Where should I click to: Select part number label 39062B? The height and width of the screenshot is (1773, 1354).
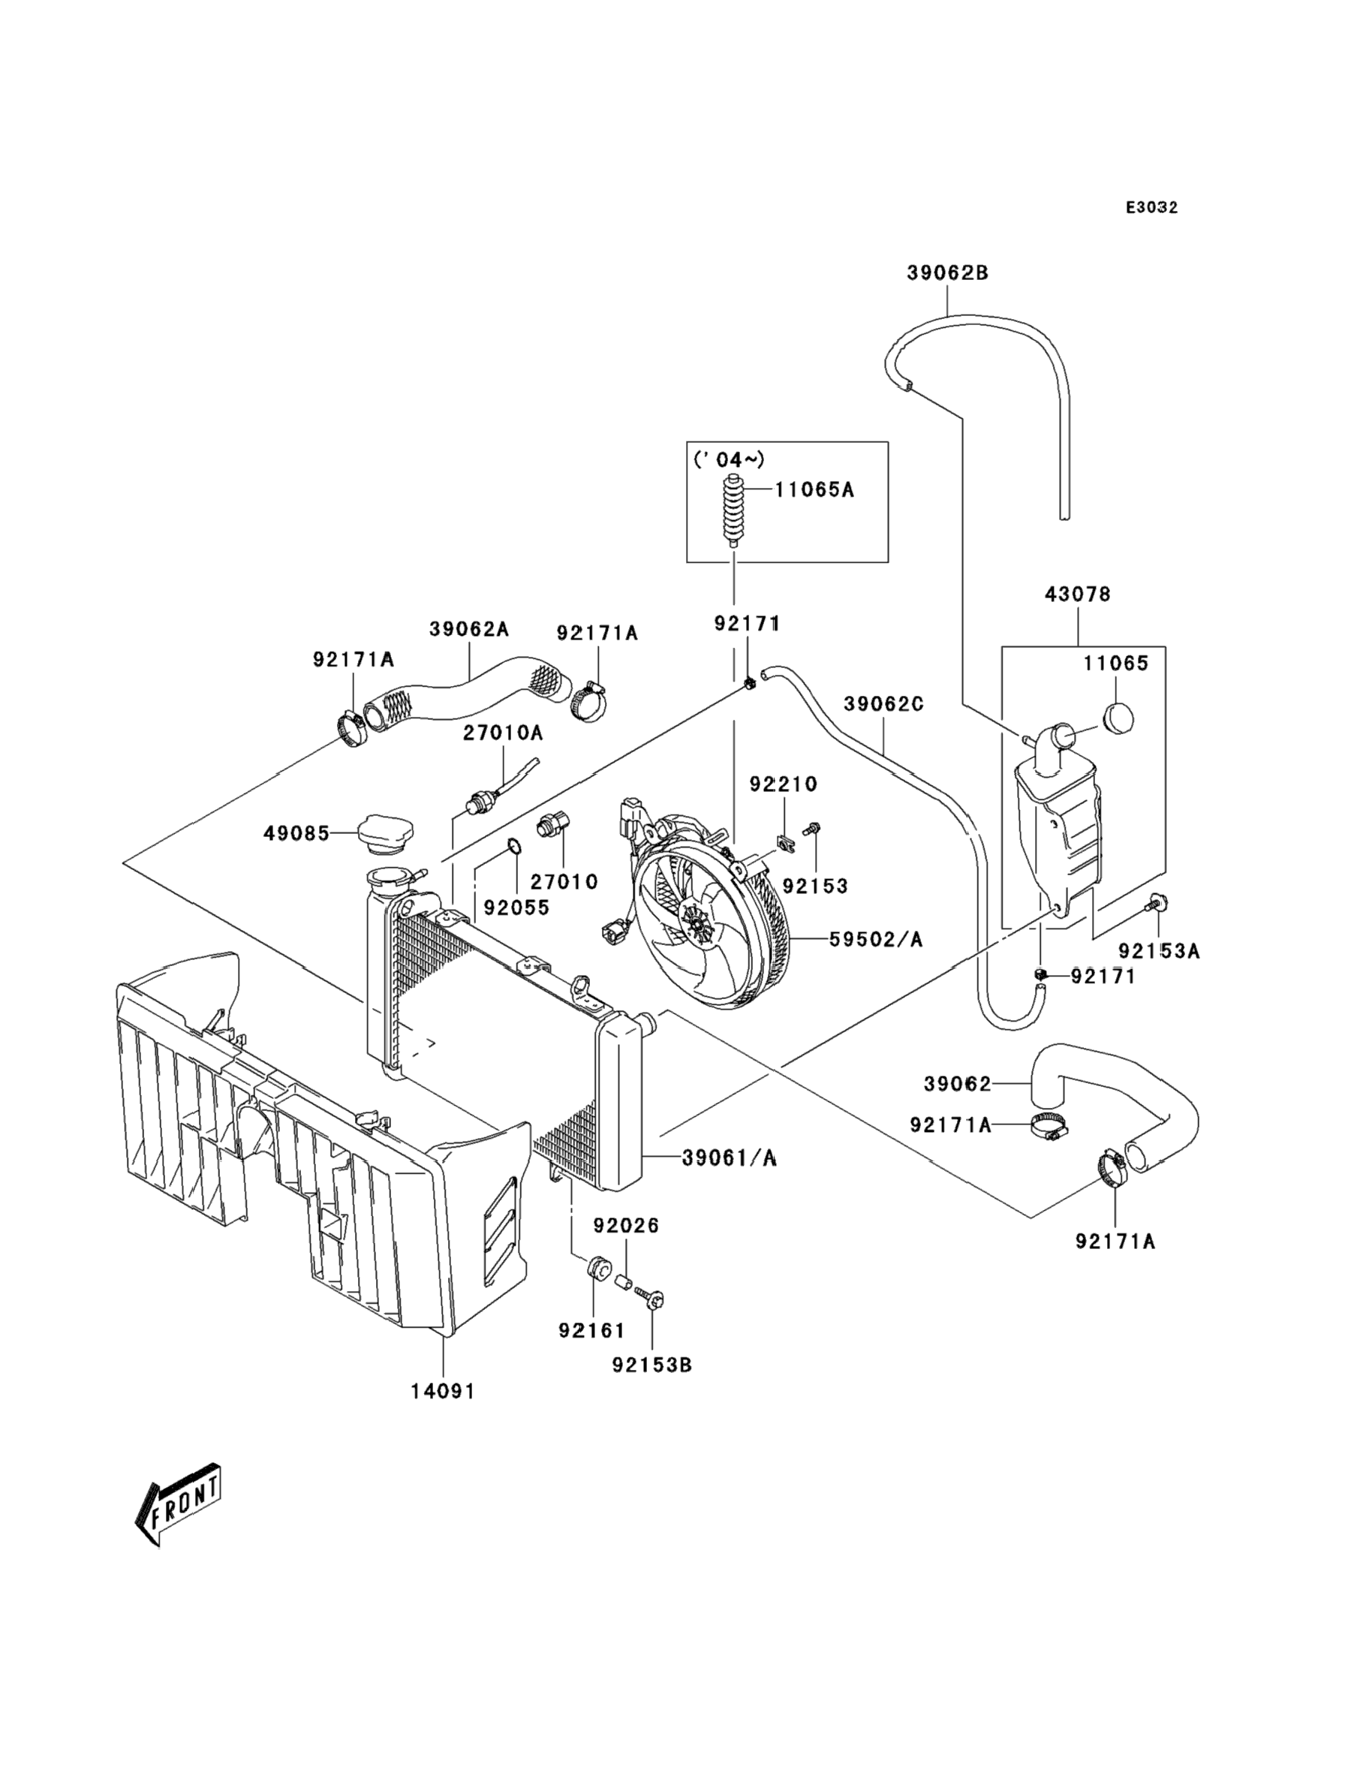947,273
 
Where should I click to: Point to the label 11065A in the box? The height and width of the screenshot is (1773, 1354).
814,489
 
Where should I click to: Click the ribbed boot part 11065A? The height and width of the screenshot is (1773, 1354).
733,513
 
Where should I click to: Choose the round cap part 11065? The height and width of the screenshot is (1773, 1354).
1116,716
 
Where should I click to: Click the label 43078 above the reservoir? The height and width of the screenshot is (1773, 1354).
1078,594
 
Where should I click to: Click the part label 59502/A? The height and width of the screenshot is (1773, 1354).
875,940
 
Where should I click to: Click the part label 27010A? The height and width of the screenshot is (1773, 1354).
502,733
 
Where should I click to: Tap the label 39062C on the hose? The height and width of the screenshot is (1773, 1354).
883,703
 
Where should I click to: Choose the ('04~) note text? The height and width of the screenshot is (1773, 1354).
729,459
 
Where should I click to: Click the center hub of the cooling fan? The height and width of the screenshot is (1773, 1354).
693,919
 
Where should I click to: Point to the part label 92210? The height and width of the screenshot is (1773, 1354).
784,784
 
